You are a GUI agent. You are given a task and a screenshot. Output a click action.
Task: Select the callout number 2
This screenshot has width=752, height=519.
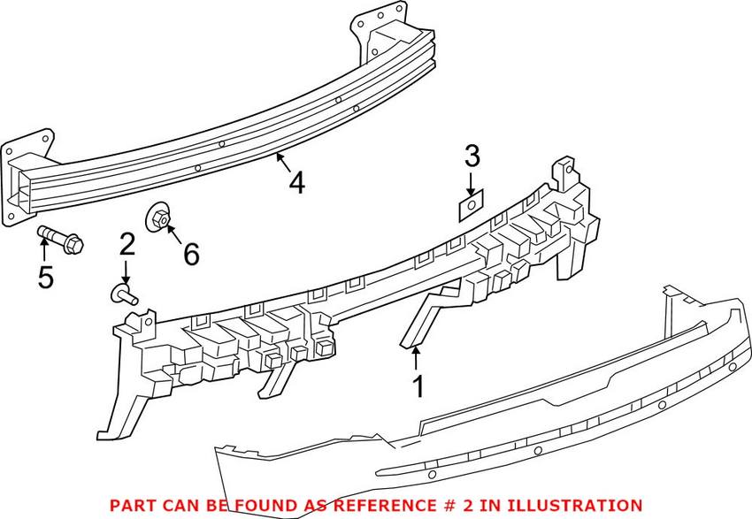point(127,244)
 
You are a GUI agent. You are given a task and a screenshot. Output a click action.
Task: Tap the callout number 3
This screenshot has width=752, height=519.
point(472,157)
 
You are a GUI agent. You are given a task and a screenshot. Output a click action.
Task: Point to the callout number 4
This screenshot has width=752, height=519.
point(296,183)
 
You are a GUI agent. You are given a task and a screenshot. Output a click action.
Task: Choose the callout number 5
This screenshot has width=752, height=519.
point(45,277)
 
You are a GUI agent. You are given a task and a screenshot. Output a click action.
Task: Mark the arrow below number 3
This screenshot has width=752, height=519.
point(471,183)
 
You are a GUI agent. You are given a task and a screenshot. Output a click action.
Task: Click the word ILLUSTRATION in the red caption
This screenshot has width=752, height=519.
point(575,503)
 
